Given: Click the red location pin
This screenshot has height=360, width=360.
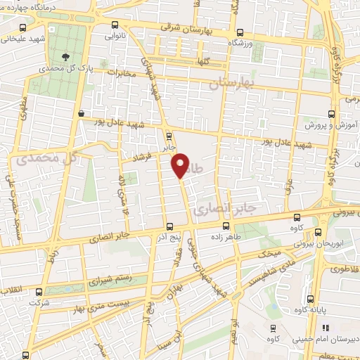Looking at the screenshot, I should click(181, 166).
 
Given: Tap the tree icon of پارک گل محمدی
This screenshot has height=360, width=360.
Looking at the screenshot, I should click(65, 58).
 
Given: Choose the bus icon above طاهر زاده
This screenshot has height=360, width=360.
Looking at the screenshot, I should click(226, 226).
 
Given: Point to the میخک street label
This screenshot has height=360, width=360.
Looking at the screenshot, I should click(271, 252).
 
